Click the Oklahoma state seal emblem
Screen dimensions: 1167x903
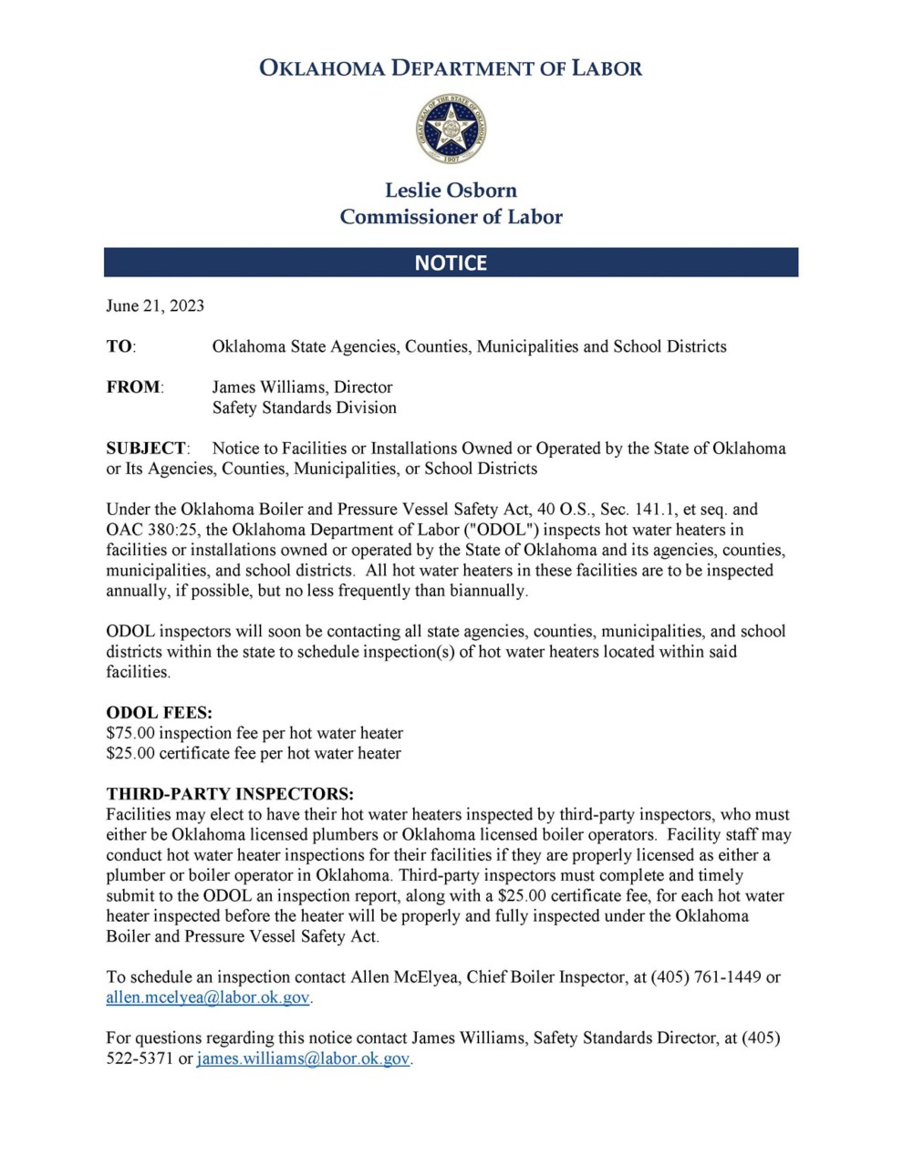[450, 129]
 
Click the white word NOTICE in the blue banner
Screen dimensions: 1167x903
[451, 263]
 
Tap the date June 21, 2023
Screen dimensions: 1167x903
[155, 305]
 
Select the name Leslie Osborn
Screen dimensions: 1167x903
[451, 190]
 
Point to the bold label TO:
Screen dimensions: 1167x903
[120, 346]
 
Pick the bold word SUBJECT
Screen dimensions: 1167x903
[146, 448]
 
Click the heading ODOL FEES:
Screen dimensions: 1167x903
[159, 712]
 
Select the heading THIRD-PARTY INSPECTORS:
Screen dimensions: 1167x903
[230, 794]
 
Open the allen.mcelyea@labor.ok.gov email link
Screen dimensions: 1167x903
[208, 997]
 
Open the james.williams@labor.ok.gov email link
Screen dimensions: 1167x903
[304, 1059]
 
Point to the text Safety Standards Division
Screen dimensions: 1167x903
[305, 408]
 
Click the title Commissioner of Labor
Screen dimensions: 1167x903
[451, 217]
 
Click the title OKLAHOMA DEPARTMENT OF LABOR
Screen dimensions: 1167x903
[451, 67]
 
